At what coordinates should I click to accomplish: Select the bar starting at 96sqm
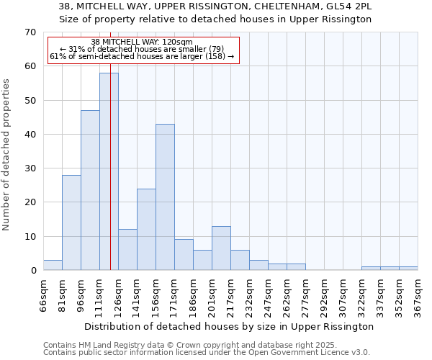click(90, 190)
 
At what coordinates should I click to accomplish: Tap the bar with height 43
click(165, 197)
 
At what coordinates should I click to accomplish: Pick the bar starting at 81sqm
click(71, 222)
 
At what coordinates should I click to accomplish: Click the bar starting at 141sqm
click(146, 230)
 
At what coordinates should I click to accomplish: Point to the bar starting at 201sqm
click(221, 248)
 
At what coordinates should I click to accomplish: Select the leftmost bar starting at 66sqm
click(53, 265)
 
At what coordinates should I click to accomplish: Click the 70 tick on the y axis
click(30, 32)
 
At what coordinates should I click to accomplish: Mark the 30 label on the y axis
click(30, 168)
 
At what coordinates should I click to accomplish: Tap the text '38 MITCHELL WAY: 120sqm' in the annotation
click(142, 42)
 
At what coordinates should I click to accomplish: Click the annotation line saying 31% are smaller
click(142, 49)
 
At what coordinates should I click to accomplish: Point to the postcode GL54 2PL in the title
click(348, 6)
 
